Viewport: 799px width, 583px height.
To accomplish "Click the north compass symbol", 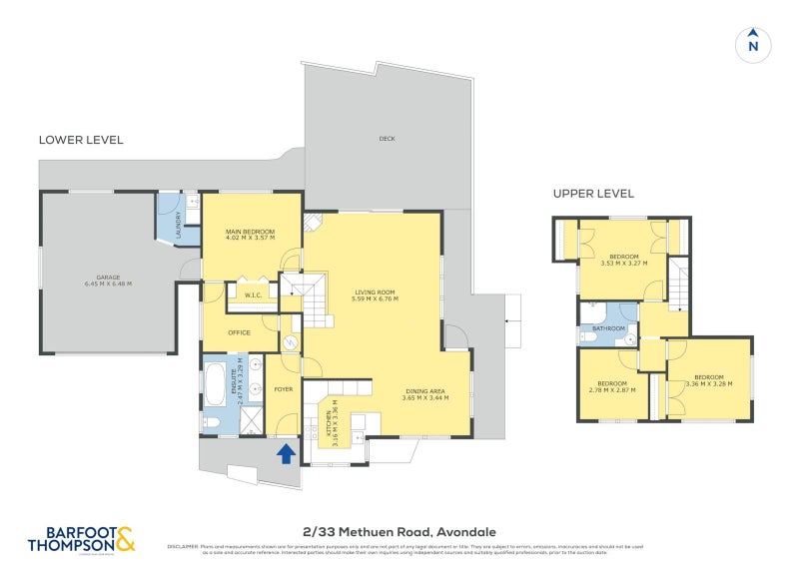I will pos(754,45).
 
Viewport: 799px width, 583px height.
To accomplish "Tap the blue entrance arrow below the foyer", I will pos(286,454).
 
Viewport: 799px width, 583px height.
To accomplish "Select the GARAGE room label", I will pos(107,280).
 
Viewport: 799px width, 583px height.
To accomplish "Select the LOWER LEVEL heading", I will pos(81,140).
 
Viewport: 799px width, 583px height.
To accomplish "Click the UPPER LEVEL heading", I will pos(594,194).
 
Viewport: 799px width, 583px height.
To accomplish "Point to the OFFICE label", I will pos(239,332).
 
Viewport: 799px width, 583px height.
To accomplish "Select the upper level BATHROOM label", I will pos(609,328).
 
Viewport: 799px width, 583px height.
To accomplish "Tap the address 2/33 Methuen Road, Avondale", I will pos(399,532).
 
